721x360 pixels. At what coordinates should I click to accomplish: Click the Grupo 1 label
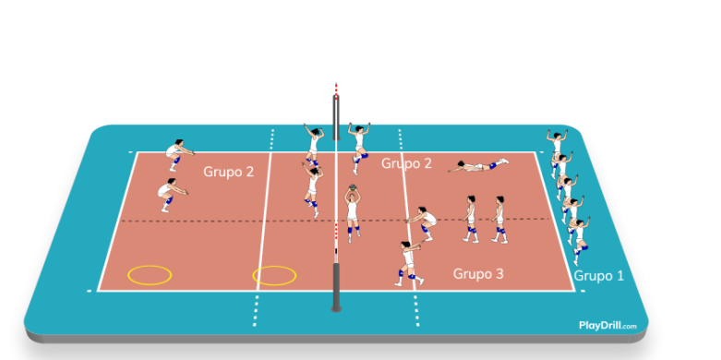(599, 276)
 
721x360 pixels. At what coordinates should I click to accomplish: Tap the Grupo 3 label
(478, 273)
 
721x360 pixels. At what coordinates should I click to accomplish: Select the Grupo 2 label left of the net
(229, 172)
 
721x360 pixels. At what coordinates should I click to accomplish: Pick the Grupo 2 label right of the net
(406, 163)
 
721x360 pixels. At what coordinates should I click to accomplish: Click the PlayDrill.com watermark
(607, 326)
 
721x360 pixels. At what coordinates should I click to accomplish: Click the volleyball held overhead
(353, 187)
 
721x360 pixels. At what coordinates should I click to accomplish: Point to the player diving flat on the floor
(479, 165)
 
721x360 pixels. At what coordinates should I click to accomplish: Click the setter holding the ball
(353, 214)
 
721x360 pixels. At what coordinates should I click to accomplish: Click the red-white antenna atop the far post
(336, 90)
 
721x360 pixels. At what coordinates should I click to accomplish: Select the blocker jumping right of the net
(359, 148)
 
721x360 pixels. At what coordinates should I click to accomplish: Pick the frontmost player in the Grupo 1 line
(580, 240)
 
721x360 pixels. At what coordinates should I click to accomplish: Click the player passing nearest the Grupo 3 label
(409, 262)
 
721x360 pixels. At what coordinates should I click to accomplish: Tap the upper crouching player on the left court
(177, 155)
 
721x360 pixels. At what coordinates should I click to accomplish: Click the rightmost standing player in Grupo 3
(500, 220)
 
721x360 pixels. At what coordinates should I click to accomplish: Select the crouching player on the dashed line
(424, 222)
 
